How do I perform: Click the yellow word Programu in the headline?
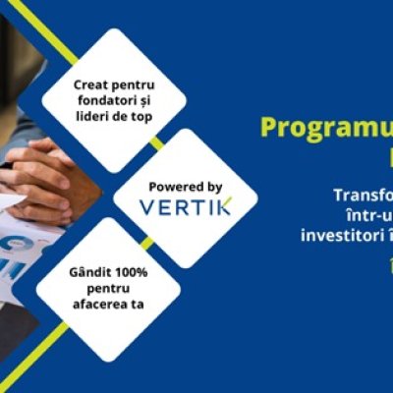(324, 128)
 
